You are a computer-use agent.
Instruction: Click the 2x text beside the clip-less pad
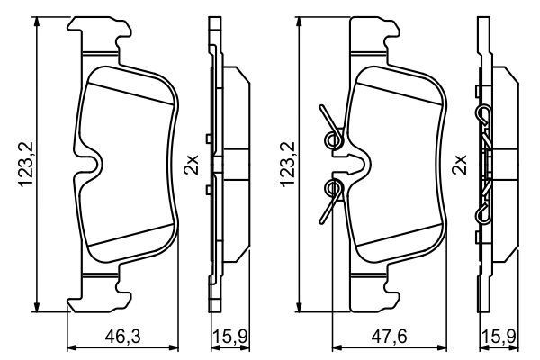[190, 165]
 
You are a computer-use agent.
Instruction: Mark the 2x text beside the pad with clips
[459, 165]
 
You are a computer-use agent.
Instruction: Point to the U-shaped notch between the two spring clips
[354, 163]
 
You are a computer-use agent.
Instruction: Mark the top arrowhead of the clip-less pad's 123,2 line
[37, 21]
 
